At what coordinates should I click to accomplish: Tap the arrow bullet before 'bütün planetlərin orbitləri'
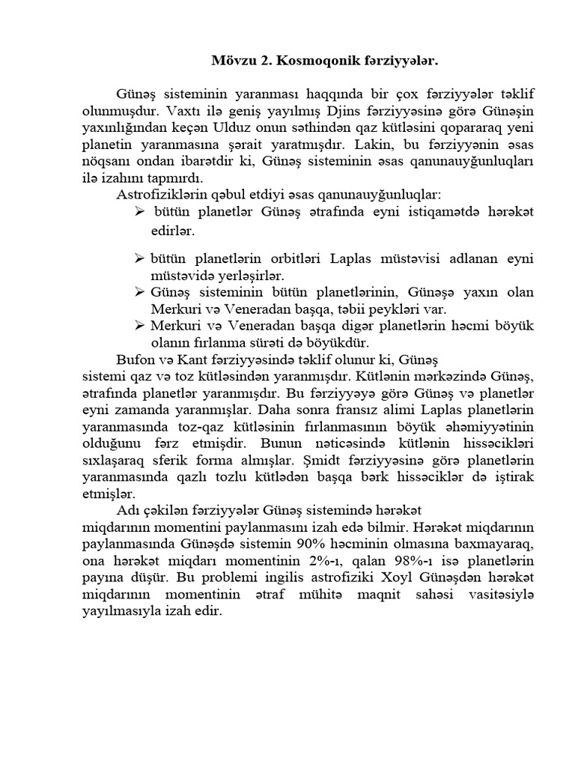click(139, 258)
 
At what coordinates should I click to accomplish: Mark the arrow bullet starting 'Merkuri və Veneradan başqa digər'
click(139, 326)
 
